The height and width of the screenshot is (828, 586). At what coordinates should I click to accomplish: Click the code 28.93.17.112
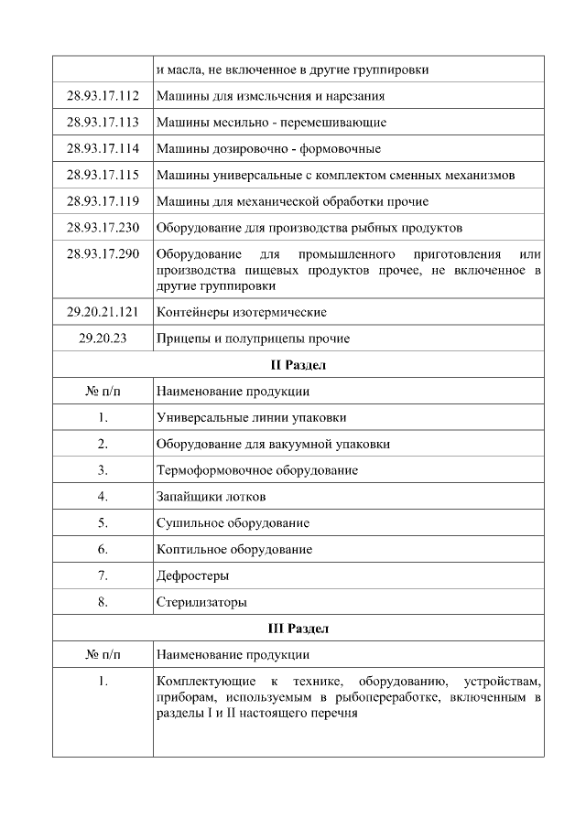tap(103, 96)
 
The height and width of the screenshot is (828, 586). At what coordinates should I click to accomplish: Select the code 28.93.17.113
tap(103, 123)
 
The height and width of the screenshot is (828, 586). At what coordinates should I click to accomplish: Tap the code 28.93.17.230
tap(103, 228)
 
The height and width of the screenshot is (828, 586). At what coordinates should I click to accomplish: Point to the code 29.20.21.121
tap(103, 312)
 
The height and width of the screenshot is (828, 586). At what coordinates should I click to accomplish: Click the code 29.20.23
tap(103, 339)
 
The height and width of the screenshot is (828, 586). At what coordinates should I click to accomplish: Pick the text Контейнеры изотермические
tap(241, 312)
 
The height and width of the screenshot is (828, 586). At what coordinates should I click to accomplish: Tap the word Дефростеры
tap(192, 575)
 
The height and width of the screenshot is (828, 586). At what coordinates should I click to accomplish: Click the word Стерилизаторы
tap(201, 602)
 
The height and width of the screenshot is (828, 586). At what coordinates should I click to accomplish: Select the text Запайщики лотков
tap(212, 497)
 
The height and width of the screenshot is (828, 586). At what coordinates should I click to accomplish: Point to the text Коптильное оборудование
tap(234, 549)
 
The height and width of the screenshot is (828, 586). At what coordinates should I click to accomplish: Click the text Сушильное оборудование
tap(233, 523)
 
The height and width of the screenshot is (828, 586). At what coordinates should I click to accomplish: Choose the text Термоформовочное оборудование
tap(257, 470)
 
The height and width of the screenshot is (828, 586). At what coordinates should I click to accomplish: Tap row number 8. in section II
tap(103, 602)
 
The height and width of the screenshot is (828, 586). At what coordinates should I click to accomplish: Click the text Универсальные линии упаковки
tap(252, 418)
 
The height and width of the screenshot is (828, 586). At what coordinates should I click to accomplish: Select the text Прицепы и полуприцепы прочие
tap(253, 339)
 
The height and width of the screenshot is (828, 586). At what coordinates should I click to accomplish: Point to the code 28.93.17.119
tap(103, 201)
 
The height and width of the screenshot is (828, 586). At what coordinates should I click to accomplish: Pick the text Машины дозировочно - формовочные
tap(268, 149)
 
